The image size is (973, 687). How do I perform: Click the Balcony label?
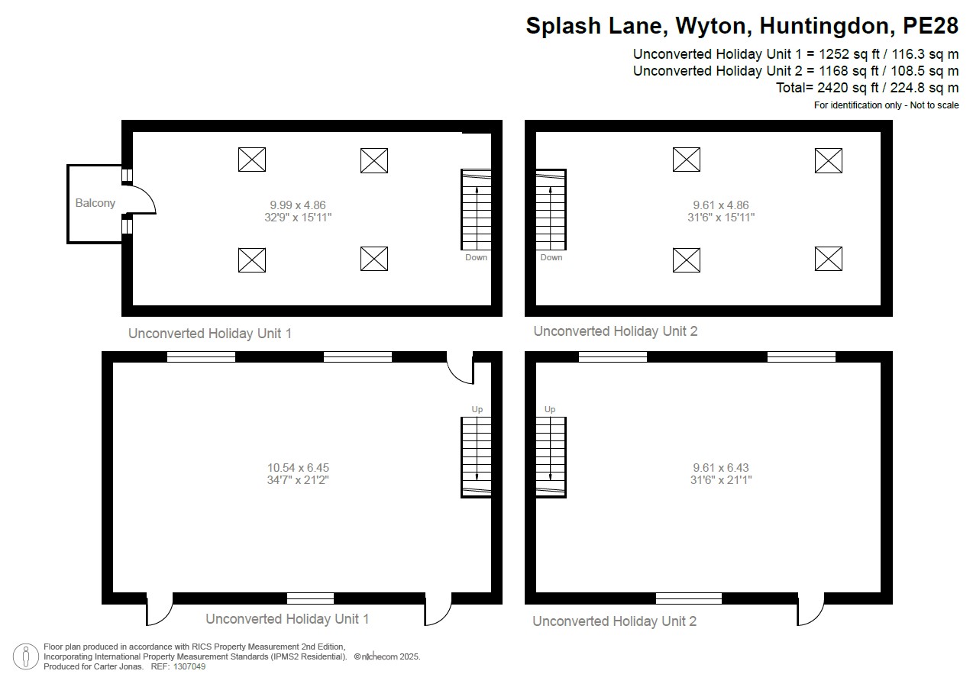(x=95, y=203)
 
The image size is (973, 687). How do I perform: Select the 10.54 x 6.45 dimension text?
(x=298, y=467)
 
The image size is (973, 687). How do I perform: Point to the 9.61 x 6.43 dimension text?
(x=721, y=467)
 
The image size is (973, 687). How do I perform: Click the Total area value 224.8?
(x=919, y=88)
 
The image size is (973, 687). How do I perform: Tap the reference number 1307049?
(x=189, y=666)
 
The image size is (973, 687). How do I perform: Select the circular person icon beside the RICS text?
(x=26, y=656)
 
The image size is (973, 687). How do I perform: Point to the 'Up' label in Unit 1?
(x=477, y=410)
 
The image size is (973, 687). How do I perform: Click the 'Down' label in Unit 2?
(x=551, y=258)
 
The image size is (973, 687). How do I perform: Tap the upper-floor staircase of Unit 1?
(x=476, y=210)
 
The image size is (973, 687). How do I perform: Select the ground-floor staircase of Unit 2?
(x=551, y=456)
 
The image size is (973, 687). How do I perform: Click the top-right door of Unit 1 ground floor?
(x=460, y=367)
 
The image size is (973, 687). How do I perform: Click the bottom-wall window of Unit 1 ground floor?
(x=310, y=598)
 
